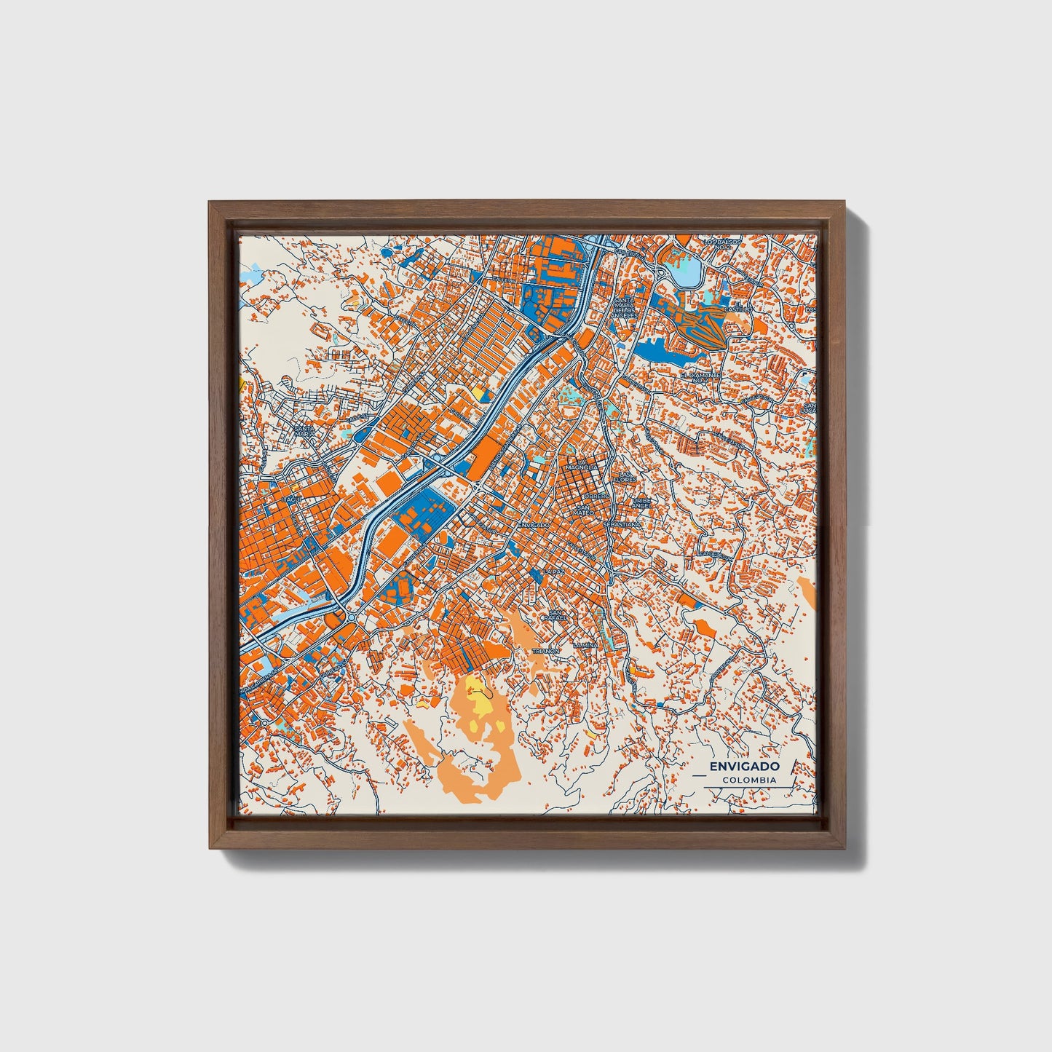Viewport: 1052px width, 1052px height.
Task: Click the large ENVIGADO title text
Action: pos(744,767)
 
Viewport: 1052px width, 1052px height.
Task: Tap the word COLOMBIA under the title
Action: pos(749,780)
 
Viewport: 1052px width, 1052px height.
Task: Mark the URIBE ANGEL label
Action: pos(641,504)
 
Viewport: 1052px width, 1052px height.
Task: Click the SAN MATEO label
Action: pos(584,512)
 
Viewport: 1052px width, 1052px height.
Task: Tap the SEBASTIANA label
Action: pos(622,523)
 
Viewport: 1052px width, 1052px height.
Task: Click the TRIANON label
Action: pos(545,651)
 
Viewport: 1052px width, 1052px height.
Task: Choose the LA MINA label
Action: pos(585,645)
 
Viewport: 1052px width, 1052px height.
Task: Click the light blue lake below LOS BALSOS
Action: pos(687,274)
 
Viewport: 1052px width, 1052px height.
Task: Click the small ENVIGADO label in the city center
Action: pos(537,524)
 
